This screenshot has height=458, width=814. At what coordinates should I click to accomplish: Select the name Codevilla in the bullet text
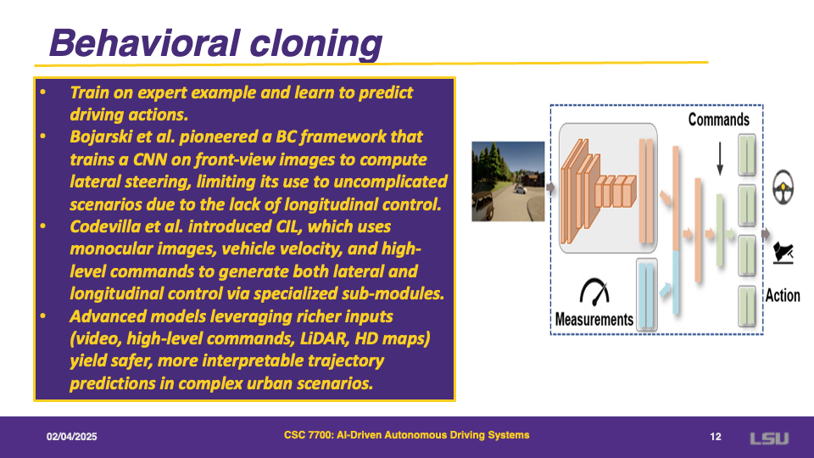[x=101, y=227]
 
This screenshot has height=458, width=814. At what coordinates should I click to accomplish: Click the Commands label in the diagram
[x=718, y=120]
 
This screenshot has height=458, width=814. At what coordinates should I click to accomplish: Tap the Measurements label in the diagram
[x=594, y=319]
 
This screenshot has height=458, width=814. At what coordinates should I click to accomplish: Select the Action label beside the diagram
[x=783, y=295]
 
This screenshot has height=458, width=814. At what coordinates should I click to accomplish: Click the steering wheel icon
[x=783, y=187]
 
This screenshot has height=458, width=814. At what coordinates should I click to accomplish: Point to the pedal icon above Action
[x=783, y=254]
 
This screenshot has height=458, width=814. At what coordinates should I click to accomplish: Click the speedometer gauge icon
[x=594, y=292]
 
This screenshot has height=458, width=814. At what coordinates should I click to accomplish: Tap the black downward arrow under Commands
[x=720, y=159]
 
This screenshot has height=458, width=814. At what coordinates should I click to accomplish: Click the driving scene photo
[x=508, y=182]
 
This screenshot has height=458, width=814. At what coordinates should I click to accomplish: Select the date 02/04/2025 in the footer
[x=71, y=437]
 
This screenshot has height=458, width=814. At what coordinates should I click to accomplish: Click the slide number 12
[x=716, y=437]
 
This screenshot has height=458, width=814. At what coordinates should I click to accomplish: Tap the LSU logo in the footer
[x=769, y=438]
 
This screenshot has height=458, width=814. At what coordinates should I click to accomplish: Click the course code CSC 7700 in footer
[x=308, y=435]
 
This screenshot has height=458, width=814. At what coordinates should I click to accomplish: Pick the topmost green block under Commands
[x=746, y=154]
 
